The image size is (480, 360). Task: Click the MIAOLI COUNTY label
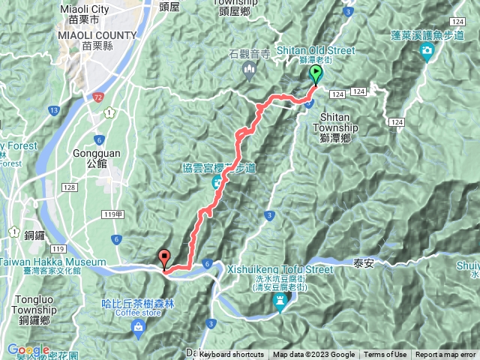97,35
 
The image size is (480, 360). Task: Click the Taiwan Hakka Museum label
52,262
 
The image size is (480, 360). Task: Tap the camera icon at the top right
427,51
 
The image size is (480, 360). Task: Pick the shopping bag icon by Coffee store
139,327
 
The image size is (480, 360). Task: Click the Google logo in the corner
28,350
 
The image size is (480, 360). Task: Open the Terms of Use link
385,355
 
